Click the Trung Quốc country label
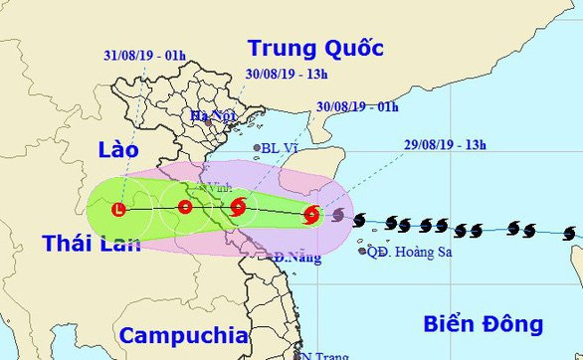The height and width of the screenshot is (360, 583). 314,48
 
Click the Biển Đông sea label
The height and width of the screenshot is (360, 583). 483,323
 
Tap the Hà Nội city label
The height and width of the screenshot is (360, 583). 213,116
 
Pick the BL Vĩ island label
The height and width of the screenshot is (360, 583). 283,148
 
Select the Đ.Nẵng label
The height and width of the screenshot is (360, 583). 293,258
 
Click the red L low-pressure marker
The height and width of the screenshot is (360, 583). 119,210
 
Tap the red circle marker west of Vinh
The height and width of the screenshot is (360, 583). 185,208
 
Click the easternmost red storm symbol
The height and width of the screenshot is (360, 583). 311,213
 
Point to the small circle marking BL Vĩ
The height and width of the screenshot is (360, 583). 257,148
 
